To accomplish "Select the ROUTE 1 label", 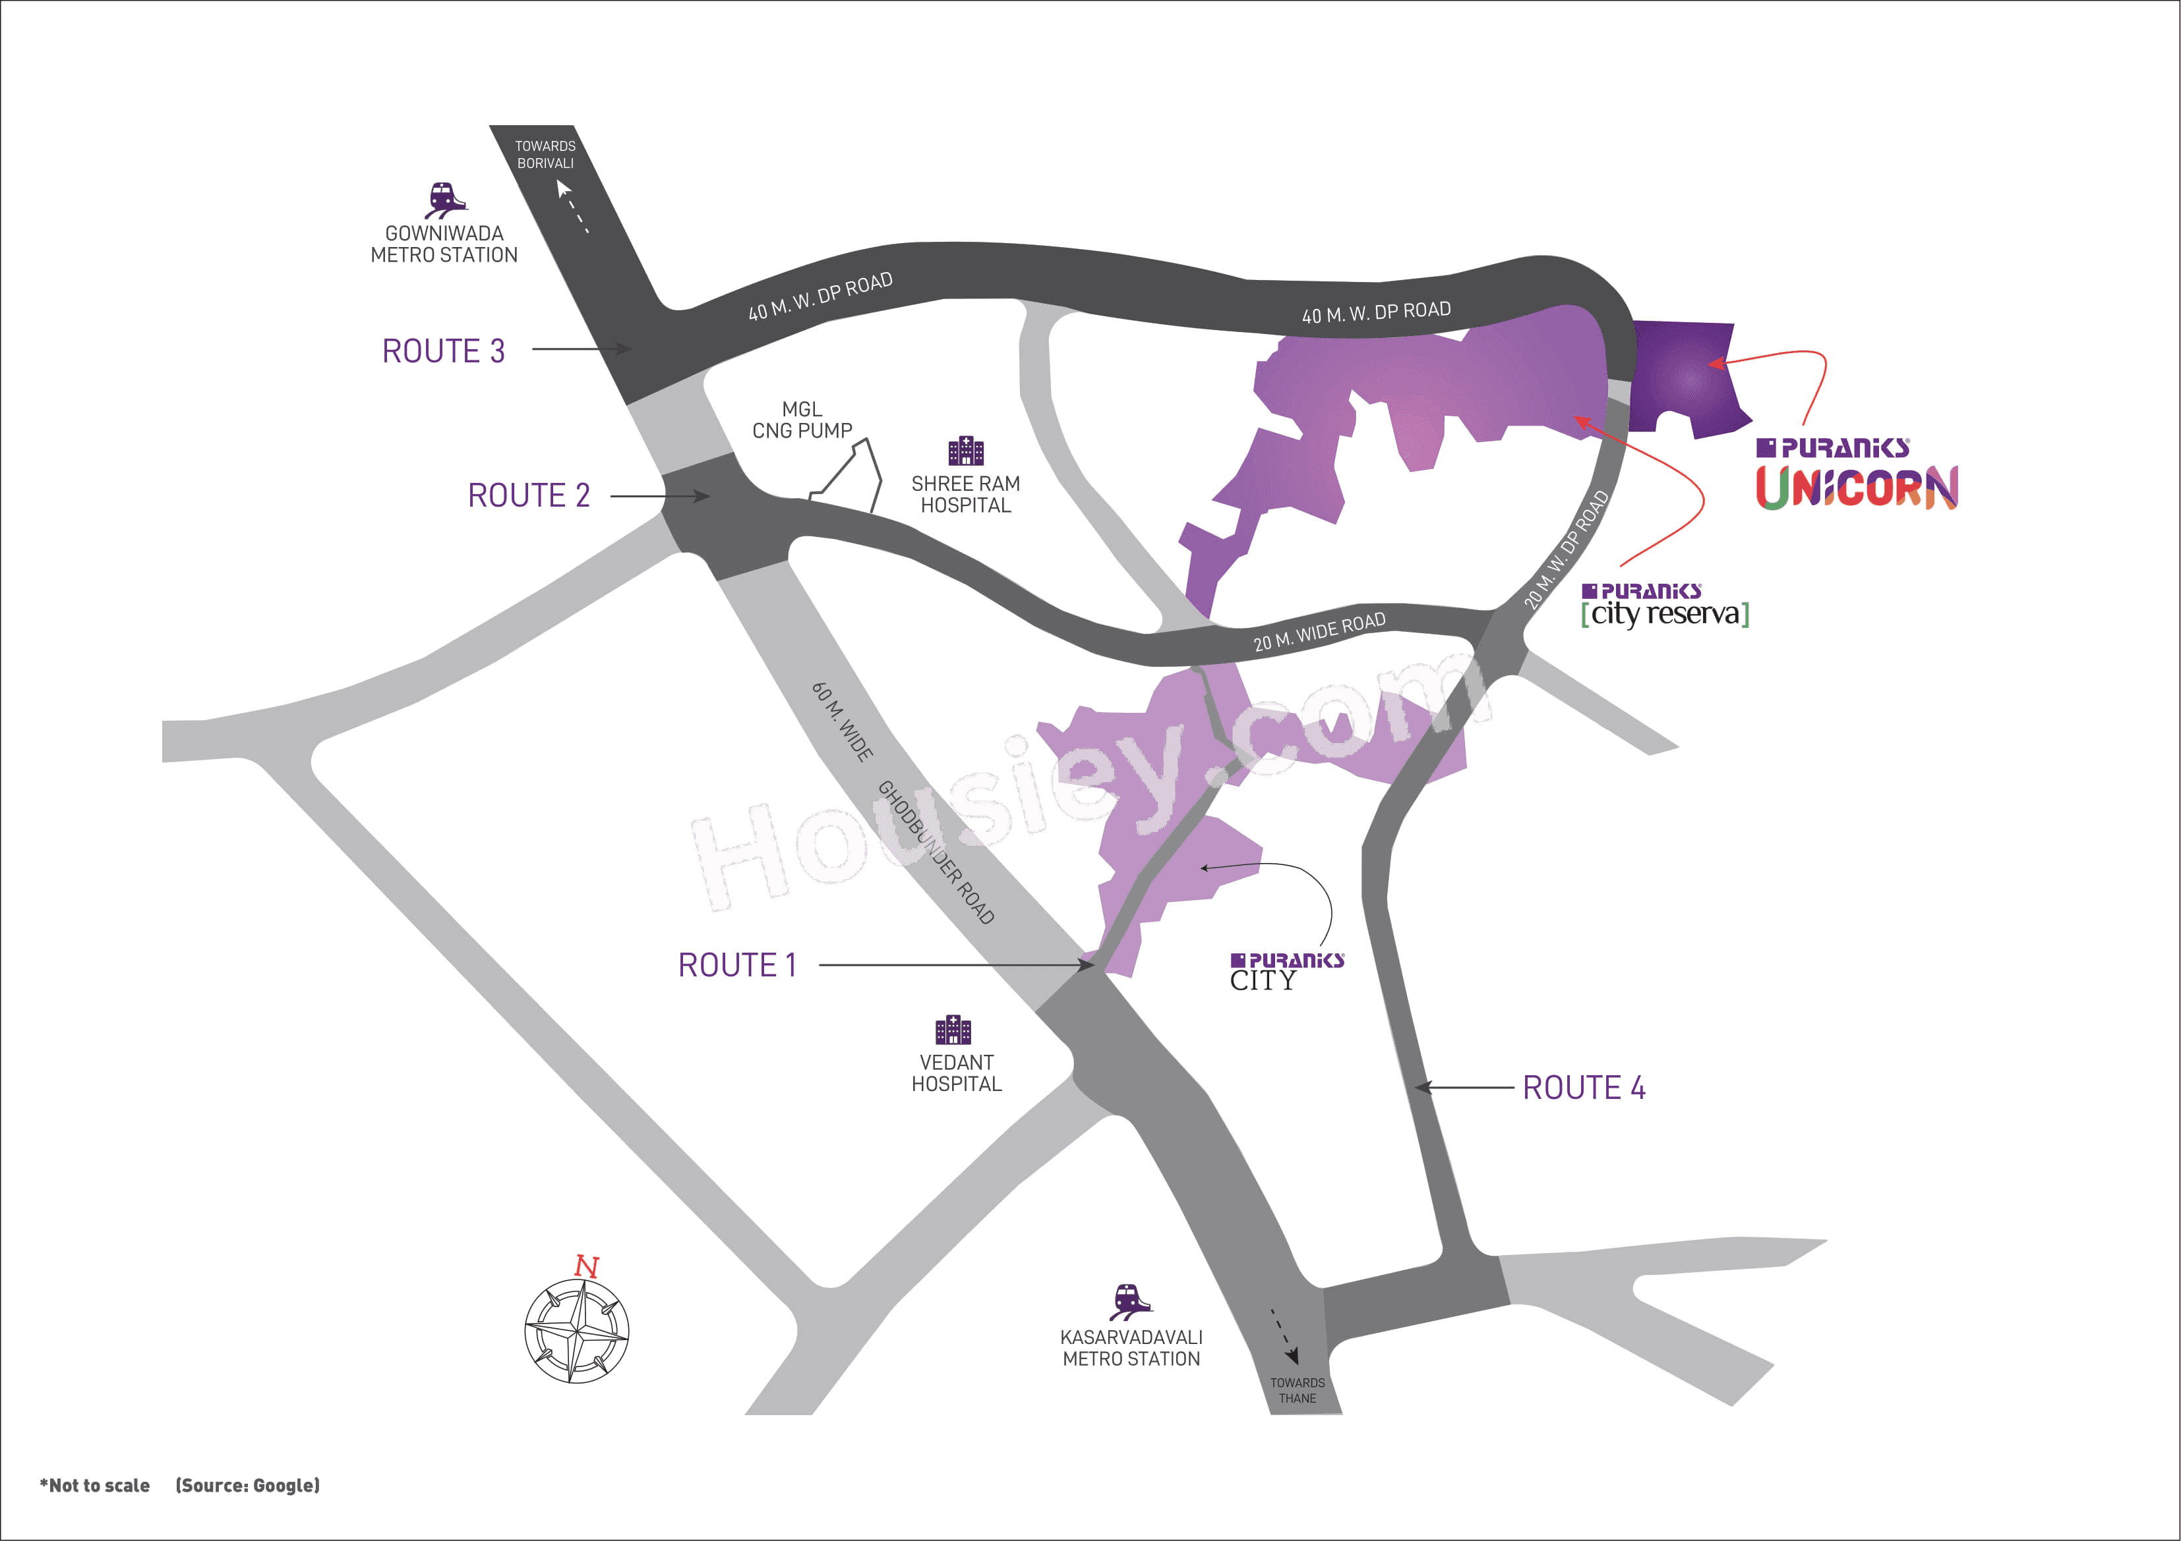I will point(737,966).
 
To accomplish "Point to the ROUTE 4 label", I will point(1584,1088).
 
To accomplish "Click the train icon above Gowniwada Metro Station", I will point(444,200).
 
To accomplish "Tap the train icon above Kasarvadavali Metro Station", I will point(1131,1302).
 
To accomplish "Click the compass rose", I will point(577,1331).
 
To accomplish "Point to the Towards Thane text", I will point(1297,1390).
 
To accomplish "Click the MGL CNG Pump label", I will point(802,420).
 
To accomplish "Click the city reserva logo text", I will point(1664,613).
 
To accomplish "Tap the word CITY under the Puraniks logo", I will point(1263,981).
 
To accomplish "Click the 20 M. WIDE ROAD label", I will point(1319,632).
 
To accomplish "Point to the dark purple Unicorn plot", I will point(1685,378).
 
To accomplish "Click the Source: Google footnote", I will point(247,1486).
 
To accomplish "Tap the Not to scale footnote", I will point(95,1486).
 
